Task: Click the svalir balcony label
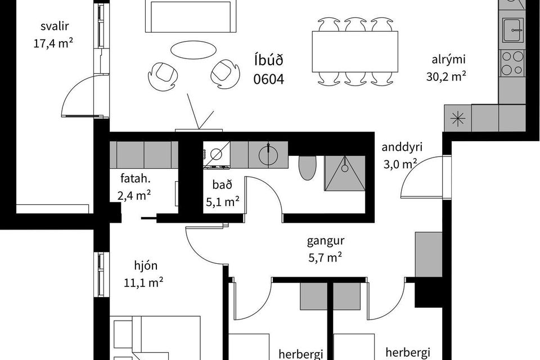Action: (x=55, y=26)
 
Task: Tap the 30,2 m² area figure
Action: (x=446, y=76)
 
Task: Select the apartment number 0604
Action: (x=269, y=79)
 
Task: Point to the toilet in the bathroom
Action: (x=307, y=168)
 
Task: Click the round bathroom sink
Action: (x=268, y=155)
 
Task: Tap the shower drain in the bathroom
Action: (x=345, y=168)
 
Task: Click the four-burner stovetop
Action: (x=512, y=63)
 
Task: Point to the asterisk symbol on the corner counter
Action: (x=458, y=119)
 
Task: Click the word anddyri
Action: (x=402, y=147)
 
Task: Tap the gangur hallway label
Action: (x=326, y=241)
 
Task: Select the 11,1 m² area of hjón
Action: (x=143, y=283)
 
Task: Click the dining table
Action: (x=355, y=52)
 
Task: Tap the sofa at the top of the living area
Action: (x=191, y=16)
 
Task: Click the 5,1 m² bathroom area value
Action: (x=223, y=202)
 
